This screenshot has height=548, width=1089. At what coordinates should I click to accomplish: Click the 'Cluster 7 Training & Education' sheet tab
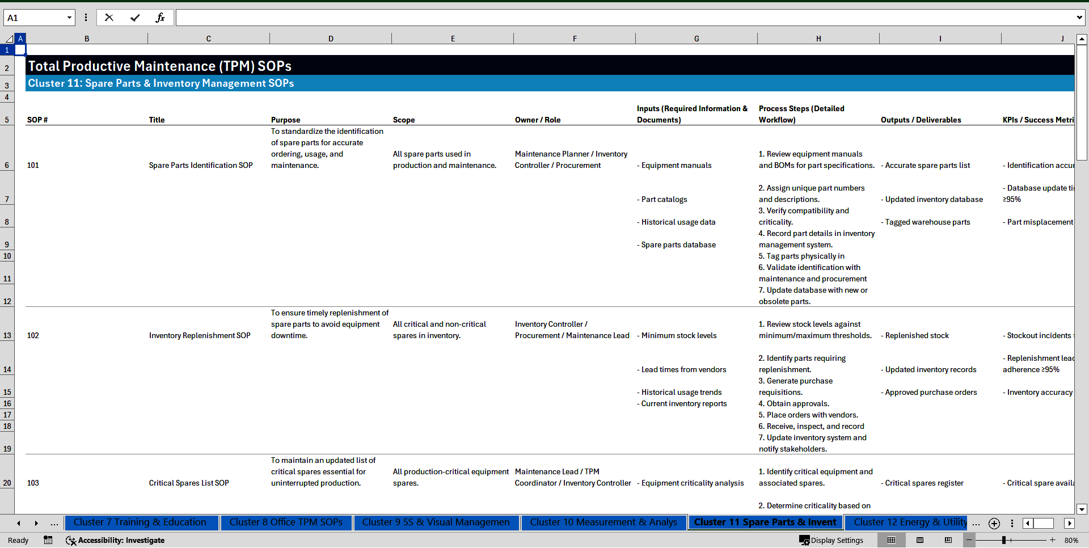click(x=140, y=522)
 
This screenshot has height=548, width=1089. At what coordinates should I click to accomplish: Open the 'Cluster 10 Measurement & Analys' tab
click(x=603, y=522)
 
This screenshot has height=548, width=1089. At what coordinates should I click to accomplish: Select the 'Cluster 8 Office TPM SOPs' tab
click(x=286, y=522)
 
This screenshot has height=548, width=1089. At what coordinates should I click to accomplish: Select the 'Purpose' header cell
click(x=286, y=120)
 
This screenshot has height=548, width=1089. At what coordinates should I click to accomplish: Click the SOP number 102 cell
click(x=33, y=335)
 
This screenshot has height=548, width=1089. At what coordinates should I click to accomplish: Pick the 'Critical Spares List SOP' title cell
click(x=189, y=483)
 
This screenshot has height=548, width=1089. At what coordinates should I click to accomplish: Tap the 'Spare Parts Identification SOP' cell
click(x=201, y=165)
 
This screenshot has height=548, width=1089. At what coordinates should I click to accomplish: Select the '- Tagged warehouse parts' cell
click(x=926, y=222)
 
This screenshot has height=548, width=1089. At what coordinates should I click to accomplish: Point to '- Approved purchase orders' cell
click(x=929, y=392)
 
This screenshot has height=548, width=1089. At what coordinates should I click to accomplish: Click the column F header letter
click(x=575, y=39)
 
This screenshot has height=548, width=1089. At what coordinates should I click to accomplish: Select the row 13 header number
click(x=7, y=335)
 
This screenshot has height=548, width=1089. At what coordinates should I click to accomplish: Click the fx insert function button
click(x=160, y=18)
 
